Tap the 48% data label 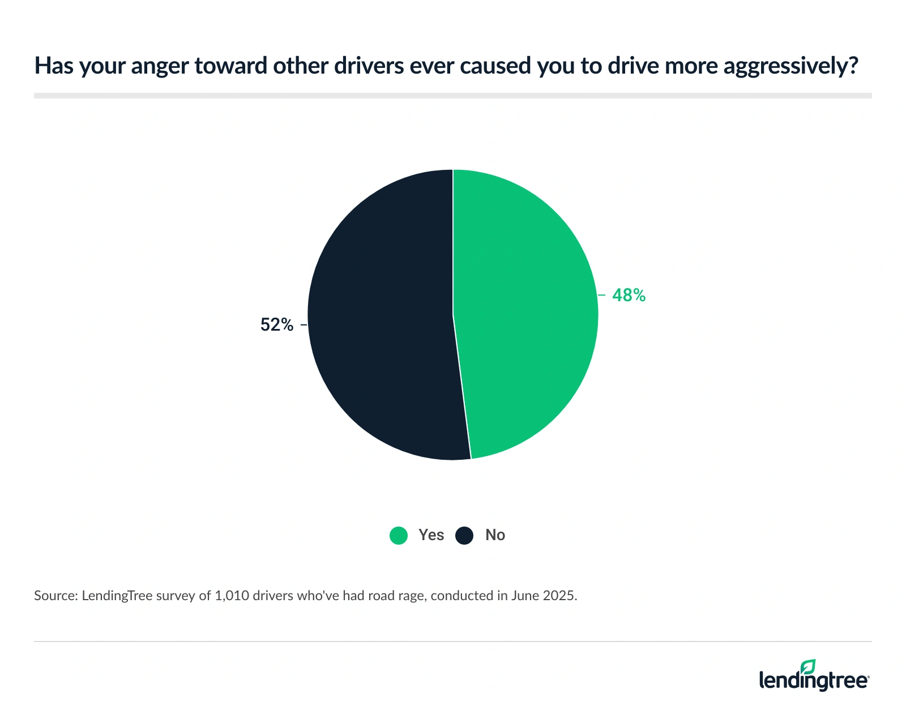pyautogui.click(x=629, y=295)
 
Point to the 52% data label pyautogui.click(x=277, y=324)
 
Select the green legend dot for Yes pyautogui.click(x=399, y=535)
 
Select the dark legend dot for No pyautogui.click(x=464, y=535)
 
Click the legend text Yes pyautogui.click(x=431, y=535)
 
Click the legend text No pyautogui.click(x=495, y=535)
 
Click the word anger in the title pyautogui.click(x=162, y=66)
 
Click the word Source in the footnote pyautogui.click(x=54, y=596)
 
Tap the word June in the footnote pyautogui.click(x=526, y=596)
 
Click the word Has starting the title pyautogui.click(x=53, y=66)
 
